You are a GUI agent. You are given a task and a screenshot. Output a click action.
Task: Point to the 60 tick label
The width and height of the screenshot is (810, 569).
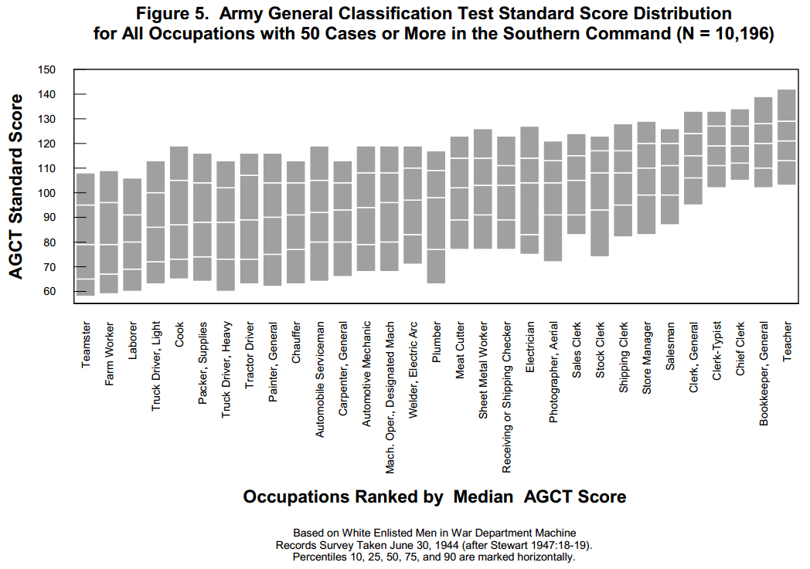pyautogui.click(x=49, y=292)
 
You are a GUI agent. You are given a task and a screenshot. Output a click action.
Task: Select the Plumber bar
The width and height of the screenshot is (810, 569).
pyautogui.click(x=436, y=217)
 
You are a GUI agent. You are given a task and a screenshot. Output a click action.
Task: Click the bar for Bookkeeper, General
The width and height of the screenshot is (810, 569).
pyautogui.click(x=763, y=142)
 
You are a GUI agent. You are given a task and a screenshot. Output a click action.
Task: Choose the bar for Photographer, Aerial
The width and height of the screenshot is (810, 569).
pyautogui.click(x=553, y=201)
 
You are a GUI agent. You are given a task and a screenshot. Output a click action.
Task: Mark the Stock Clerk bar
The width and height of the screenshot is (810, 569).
pyautogui.click(x=600, y=196)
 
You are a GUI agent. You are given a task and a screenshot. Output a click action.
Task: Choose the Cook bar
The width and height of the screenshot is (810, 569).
pyautogui.click(x=179, y=212)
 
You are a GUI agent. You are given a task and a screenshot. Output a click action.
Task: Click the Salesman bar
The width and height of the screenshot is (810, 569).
pyautogui.click(x=669, y=176)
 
